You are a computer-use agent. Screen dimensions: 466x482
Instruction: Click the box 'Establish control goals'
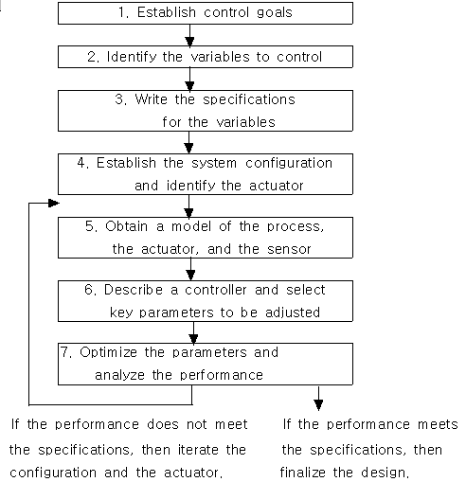click(206, 13)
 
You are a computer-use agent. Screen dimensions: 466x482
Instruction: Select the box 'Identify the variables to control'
click(206, 57)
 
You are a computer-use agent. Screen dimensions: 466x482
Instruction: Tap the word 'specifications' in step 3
click(249, 100)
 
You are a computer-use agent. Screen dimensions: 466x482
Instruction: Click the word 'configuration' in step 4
click(289, 164)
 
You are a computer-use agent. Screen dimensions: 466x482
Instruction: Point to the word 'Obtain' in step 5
click(126, 226)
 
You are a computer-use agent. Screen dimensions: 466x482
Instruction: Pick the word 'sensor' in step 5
click(289, 249)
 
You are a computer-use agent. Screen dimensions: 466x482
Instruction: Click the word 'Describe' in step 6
click(134, 290)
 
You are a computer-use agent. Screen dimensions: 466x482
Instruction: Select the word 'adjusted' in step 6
click(293, 312)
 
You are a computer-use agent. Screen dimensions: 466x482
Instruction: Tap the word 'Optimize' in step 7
click(108, 352)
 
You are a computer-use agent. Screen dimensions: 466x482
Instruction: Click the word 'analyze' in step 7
click(119, 376)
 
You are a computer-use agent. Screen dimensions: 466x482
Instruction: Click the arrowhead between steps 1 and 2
click(189, 42)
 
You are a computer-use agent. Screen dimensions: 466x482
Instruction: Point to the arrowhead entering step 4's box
click(188, 149)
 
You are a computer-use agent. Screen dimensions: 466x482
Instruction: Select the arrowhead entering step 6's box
click(190, 275)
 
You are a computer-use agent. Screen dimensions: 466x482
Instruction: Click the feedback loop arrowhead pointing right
click(54, 203)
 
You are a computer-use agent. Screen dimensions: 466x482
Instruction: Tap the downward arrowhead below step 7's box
click(318, 405)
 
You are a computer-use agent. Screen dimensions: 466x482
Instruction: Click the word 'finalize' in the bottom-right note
click(303, 473)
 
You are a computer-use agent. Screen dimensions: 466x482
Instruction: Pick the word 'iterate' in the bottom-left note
click(198, 450)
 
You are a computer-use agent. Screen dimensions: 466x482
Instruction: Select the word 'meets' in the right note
click(438, 424)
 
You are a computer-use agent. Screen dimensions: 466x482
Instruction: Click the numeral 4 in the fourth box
click(81, 163)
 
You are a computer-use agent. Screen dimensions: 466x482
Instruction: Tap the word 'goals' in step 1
click(275, 13)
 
